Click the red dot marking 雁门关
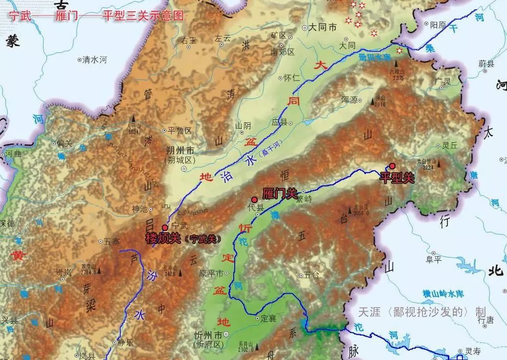254,200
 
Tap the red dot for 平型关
392,166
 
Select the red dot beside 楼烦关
165,227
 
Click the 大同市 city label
322,28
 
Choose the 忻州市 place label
208,336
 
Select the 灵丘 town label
448,145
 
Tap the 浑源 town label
350,99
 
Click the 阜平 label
433,259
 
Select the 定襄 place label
268,318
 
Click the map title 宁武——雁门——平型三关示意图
96,16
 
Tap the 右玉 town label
189,41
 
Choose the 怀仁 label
293,77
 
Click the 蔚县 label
486,64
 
